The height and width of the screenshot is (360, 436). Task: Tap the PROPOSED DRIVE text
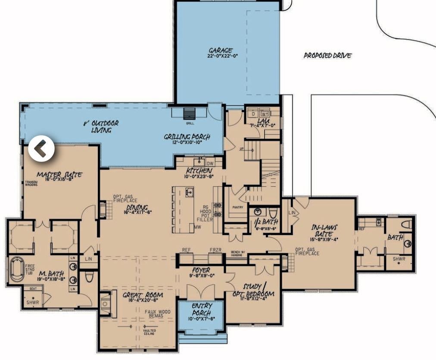pyautogui.click(x=327, y=56)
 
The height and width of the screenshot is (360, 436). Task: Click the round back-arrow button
pyautogui.click(x=41, y=149)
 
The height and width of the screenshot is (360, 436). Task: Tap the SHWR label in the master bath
pyautogui.click(x=33, y=303)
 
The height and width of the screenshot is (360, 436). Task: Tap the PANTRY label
pyautogui.click(x=237, y=208)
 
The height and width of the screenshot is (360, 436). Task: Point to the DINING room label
pyautogui.click(x=137, y=209)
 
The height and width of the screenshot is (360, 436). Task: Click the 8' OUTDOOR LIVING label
pyautogui.click(x=101, y=127)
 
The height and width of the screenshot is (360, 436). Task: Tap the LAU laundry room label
pyautogui.click(x=263, y=123)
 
